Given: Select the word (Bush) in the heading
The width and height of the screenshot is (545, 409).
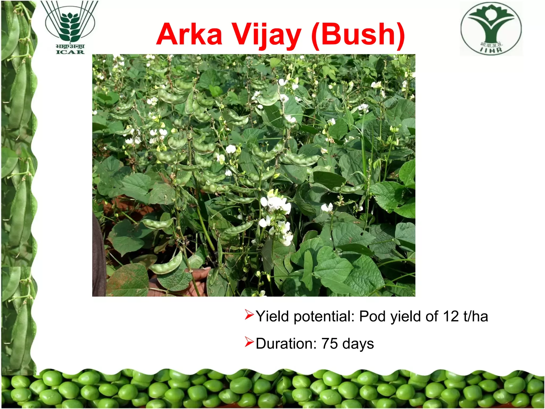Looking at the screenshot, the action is (x=358, y=36).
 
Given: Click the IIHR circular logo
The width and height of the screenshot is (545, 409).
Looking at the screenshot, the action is (x=491, y=28).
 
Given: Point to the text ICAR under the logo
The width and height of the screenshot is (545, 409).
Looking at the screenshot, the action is (x=70, y=52).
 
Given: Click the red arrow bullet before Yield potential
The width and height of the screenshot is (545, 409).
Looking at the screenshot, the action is (x=250, y=315).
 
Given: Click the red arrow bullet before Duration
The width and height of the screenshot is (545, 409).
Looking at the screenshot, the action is (x=250, y=342).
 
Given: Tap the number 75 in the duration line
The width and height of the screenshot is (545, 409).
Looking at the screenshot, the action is (x=330, y=343).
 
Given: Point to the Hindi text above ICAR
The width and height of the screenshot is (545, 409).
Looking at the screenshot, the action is (x=70, y=46).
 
